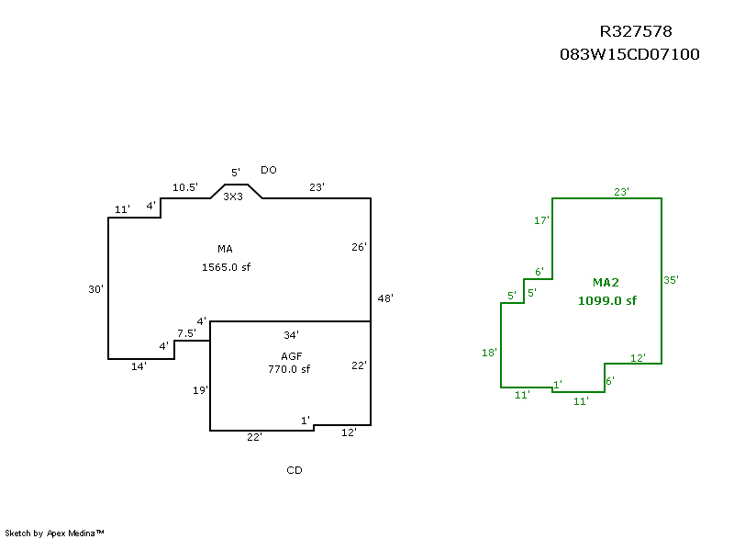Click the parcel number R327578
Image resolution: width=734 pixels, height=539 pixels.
[x=636, y=31]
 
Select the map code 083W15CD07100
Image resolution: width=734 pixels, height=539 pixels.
[x=629, y=54]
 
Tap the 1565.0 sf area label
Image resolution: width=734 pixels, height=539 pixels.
[x=226, y=267]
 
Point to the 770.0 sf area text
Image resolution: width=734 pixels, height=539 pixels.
[x=289, y=369]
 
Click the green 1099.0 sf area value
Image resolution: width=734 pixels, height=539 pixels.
[x=607, y=300]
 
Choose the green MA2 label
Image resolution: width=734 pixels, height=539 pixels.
[x=606, y=283]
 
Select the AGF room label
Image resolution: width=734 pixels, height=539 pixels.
[x=291, y=356]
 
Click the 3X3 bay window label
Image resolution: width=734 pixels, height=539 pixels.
[x=233, y=197]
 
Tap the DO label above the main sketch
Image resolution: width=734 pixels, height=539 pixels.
[x=269, y=170]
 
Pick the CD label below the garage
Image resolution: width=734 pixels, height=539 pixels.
[x=295, y=470]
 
